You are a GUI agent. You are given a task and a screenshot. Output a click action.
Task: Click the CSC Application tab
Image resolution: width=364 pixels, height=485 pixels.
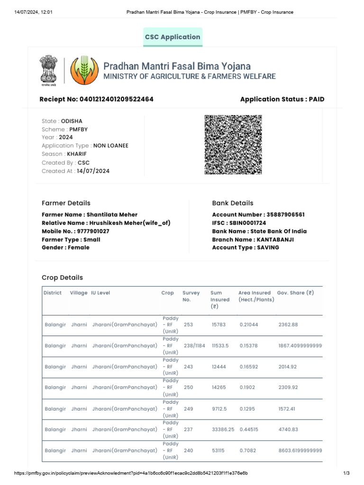[173, 37]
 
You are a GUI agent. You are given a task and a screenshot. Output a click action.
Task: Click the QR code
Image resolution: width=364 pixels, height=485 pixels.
[233, 144]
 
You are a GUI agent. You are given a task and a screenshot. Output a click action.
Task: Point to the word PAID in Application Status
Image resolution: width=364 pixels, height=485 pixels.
[317, 99]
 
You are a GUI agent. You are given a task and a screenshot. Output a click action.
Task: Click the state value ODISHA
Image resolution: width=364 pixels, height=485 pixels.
[72, 121]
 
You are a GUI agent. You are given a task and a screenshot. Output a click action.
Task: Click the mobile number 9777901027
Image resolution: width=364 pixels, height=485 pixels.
[93, 231]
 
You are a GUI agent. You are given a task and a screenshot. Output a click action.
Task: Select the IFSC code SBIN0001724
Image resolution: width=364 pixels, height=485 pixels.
[253, 223]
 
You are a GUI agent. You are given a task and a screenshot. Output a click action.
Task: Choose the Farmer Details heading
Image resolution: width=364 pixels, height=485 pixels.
[66, 203]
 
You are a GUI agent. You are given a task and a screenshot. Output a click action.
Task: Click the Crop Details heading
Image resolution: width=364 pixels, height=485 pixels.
[62, 278]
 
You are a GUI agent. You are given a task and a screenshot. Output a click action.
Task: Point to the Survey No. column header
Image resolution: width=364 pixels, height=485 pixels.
[191, 296]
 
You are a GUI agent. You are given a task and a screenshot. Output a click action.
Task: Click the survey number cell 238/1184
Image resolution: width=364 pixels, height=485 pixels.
[194, 346]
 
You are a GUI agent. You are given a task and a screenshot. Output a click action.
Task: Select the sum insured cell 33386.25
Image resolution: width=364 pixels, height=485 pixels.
[223, 430]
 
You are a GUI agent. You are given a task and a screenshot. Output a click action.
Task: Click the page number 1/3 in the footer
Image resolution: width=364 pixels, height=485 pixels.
[346, 473]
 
